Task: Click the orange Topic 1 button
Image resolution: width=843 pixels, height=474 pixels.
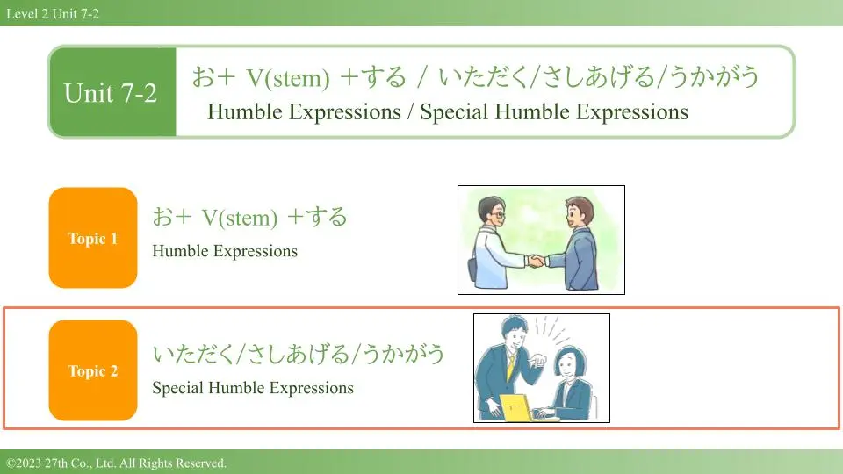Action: (x=93, y=238)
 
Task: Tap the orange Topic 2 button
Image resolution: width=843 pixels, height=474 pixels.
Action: (x=93, y=370)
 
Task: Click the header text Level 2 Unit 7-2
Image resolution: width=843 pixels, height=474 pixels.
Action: (x=53, y=13)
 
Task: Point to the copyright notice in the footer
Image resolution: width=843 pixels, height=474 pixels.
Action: (x=116, y=463)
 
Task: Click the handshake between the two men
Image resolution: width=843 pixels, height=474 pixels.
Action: (x=536, y=262)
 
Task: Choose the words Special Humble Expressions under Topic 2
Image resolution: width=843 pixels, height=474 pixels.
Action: (x=253, y=388)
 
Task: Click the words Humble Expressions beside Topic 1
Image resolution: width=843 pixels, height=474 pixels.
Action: (x=225, y=251)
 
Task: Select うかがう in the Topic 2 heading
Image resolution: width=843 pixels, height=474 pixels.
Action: (x=403, y=354)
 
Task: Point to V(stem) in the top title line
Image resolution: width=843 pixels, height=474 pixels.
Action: (x=288, y=78)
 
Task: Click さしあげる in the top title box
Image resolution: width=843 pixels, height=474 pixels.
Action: (x=598, y=77)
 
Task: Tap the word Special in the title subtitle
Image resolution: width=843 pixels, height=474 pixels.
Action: (x=455, y=111)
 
